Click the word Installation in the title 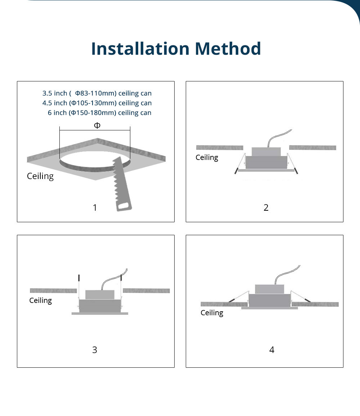coord(140,49)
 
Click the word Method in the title coord(228,49)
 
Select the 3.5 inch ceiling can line coord(97,93)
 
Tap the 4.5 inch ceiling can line coord(97,103)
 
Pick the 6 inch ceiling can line coord(99,113)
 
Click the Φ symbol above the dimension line coord(97,125)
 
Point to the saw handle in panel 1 coord(124,206)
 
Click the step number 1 coord(95,207)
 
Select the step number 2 coord(266,207)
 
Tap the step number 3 coord(95,350)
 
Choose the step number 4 coord(272,350)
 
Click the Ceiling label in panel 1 coord(40,176)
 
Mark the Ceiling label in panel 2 coord(207,158)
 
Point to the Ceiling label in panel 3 coord(41,301)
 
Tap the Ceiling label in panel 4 coord(212,313)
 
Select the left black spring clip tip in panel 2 coord(236,171)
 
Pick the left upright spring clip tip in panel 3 coord(79,278)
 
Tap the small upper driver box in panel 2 coord(266,152)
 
